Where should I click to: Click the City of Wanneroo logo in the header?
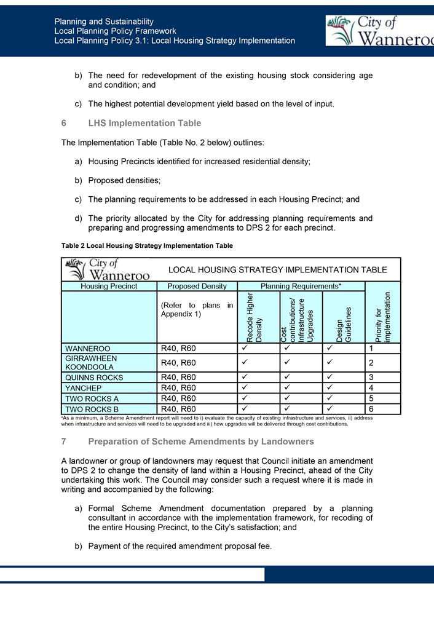[x=380, y=31]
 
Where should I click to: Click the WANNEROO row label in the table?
[x=88, y=349]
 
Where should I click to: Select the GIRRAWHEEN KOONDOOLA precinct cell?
[x=91, y=362]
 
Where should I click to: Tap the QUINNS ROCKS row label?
[x=94, y=377]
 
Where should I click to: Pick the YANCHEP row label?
[x=84, y=388]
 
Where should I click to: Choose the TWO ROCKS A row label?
[x=92, y=398]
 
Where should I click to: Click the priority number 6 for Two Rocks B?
[x=371, y=409]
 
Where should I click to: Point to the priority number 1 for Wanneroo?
[x=371, y=349]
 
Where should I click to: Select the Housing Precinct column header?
[x=109, y=286]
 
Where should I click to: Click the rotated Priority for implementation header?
[x=382, y=317]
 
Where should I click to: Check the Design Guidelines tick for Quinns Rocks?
[x=330, y=376]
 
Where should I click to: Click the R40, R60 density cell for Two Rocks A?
[x=178, y=398]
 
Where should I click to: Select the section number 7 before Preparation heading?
[x=64, y=442]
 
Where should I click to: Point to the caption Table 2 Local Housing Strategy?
[x=147, y=245]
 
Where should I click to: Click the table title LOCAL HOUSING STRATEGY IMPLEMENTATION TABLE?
[x=277, y=269]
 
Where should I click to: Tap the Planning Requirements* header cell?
[x=301, y=286]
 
